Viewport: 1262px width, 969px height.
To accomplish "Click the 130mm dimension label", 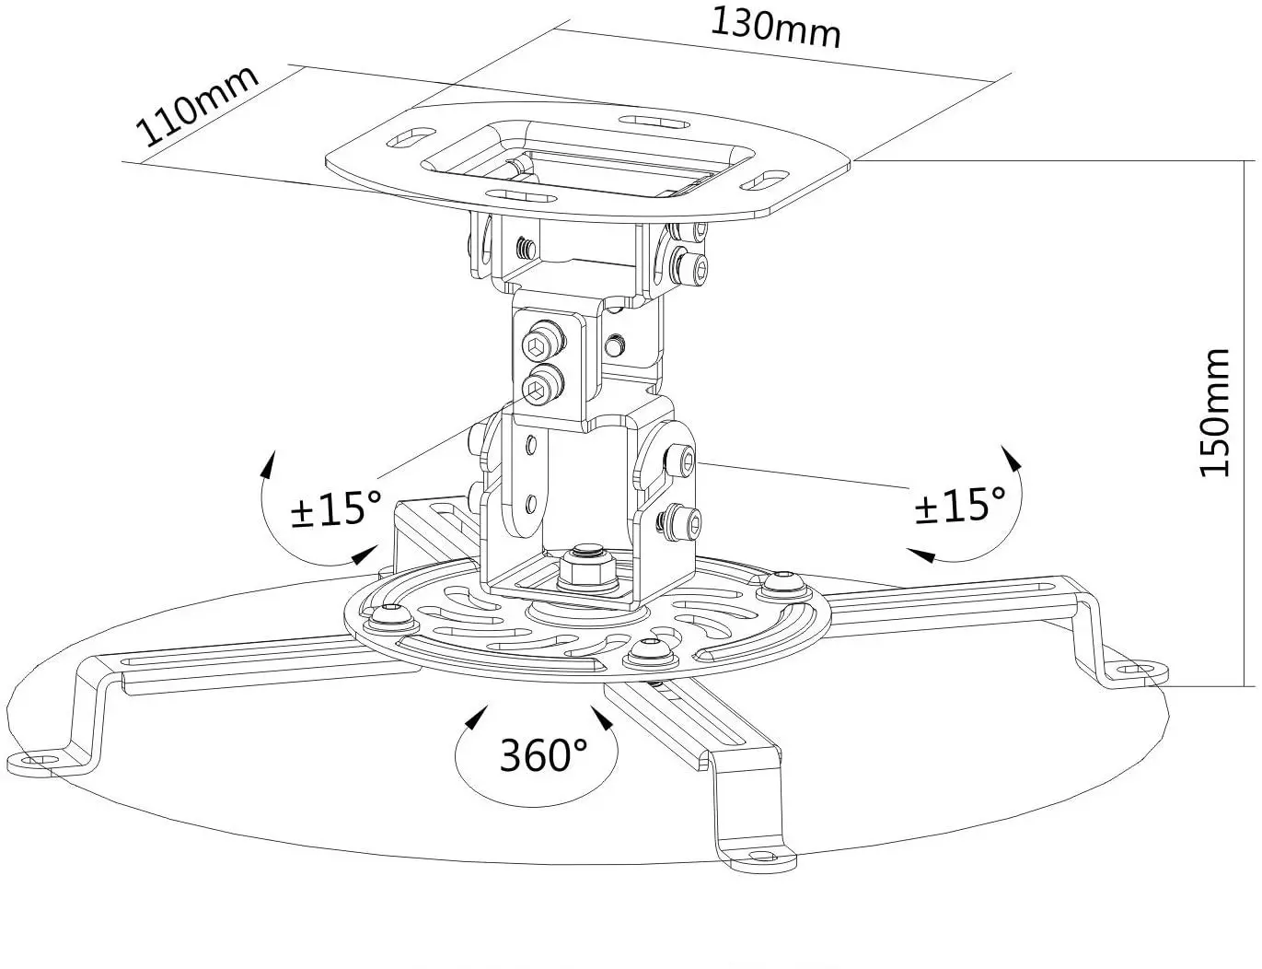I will (775, 28).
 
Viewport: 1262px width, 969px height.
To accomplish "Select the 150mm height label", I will (1215, 412).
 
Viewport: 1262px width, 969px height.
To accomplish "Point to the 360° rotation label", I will (543, 755).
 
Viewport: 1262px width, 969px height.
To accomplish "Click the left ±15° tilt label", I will (335, 508).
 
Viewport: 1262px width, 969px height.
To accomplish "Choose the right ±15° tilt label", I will (960, 504).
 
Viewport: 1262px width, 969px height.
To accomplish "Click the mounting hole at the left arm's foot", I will (36, 760).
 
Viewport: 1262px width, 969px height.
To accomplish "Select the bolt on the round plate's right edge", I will (782, 580).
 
